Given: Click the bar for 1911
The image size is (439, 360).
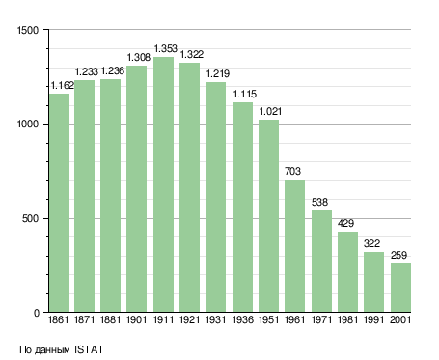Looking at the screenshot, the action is (x=163, y=184).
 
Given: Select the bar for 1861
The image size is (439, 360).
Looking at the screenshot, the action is (x=59, y=203).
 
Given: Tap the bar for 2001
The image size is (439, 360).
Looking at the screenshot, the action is (x=400, y=288).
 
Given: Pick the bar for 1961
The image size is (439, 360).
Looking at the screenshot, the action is (x=294, y=246).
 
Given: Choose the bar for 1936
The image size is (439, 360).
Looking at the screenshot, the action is (x=242, y=208).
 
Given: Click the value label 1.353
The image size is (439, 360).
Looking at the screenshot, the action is (x=165, y=48).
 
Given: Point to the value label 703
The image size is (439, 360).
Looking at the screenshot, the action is (x=292, y=171).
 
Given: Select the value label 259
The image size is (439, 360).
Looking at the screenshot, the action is (x=398, y=255).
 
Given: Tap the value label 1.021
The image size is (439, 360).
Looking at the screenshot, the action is (x=270, y=111).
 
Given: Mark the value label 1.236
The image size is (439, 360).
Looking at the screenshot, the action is (x=113, y=70).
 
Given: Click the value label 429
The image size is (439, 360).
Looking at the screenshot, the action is (x=345, y=223).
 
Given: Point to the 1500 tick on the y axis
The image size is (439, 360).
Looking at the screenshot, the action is (x=28, y=30).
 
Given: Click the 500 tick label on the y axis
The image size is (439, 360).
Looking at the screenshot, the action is (x=30, y=219).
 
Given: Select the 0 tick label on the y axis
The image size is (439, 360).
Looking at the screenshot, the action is (x=37, y=313).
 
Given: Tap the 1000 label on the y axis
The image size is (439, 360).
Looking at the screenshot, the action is (x=28, y=125).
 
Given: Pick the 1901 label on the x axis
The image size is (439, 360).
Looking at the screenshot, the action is (x=136, y=319).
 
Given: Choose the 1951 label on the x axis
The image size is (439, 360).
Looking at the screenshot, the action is (x=268, y=319).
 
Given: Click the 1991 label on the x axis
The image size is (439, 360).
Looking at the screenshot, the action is (x=373, y=319).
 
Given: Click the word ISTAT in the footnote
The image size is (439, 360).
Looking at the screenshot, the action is (x=89, y=349).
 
